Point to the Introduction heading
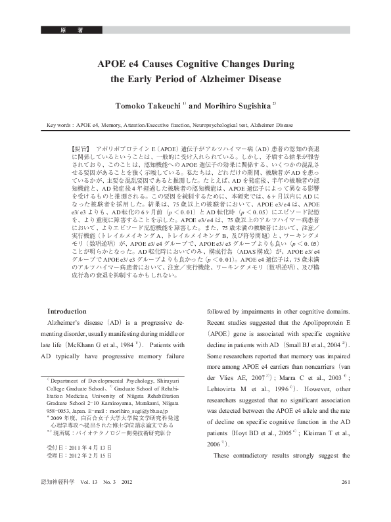[68, 311]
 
